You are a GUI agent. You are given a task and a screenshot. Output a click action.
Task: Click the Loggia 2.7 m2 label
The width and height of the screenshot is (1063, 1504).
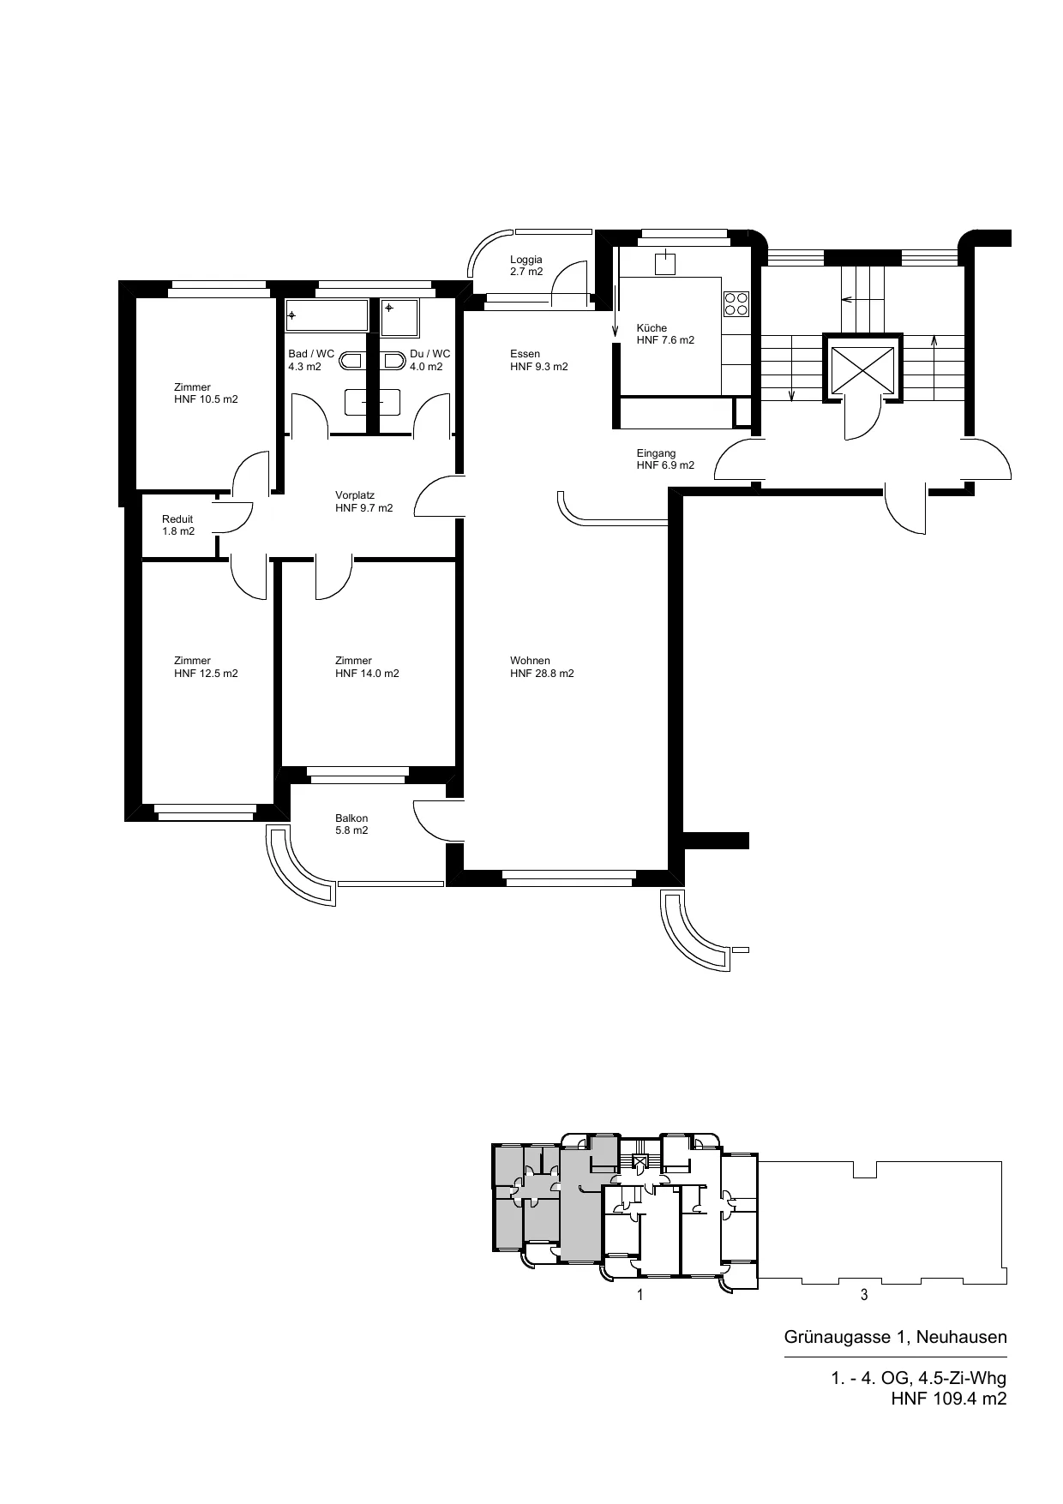(x=526, y=266)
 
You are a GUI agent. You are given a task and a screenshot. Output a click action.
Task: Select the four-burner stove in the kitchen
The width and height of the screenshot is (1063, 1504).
(x=736, y=304)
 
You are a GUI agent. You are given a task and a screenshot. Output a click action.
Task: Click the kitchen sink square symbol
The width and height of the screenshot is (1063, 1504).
(x=664, y=264)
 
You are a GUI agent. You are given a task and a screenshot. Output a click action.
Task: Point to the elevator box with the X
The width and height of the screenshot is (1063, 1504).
(x=862, y=369)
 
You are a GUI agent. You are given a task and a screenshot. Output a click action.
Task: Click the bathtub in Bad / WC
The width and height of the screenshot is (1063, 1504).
(x=327, y=315)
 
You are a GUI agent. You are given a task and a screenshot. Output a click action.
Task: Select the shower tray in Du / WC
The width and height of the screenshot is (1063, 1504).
(x=400, y=318)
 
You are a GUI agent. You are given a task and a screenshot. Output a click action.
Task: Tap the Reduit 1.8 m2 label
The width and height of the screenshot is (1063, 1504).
(x=178, y=525)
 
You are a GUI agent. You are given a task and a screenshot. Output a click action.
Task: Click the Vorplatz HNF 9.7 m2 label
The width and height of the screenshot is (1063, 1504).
(x=363, y=502)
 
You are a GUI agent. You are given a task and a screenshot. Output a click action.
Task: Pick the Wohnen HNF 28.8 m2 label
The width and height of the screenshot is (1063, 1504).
(x=542, y=667)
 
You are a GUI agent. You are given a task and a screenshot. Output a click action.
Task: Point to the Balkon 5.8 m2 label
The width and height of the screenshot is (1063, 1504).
(x=351, y=824)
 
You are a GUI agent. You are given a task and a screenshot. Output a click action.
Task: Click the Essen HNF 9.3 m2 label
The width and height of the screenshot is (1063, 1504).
(x=538, y=360)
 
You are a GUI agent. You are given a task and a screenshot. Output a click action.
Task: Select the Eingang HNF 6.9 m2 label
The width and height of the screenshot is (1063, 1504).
(x=665, y=459)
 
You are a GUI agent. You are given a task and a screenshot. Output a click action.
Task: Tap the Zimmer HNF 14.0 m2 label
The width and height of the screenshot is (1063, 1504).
(x=367, y=667)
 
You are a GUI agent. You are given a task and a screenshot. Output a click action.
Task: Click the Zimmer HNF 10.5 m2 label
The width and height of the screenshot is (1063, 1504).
(x=206, y=393)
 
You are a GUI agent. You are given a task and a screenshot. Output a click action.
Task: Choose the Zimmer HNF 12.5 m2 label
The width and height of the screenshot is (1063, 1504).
(x=206, y=667)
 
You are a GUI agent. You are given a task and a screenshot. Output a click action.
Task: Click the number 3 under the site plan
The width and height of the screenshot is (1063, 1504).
(x=864, y=1295)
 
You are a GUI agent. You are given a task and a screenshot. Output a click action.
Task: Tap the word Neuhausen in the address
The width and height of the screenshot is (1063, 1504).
(x=962, y=1337)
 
